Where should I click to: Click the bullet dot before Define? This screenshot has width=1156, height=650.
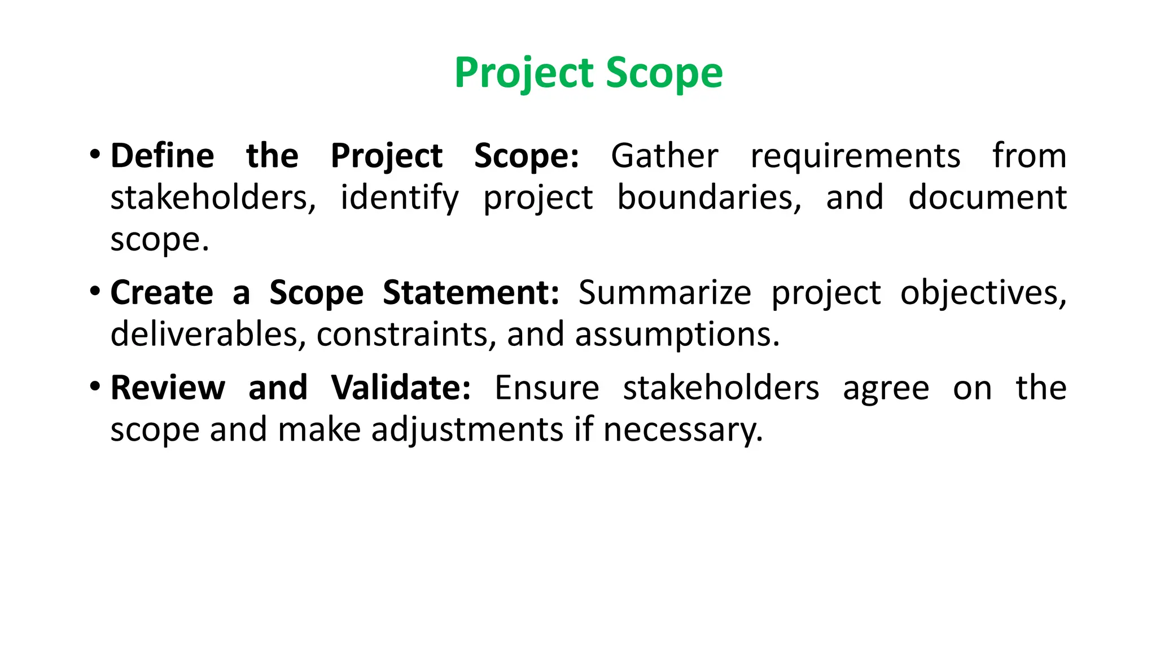pos(95,154)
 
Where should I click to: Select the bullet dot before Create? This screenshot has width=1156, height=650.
pos(95,291)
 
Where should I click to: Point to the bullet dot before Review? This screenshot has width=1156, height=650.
pos(95,387)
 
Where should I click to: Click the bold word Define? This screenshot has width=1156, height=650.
pos(162,156)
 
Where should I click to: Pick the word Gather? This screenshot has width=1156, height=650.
pos(664,156)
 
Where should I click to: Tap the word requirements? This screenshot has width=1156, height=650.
pos(855,156)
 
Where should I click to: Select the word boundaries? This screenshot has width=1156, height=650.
pos(709,197)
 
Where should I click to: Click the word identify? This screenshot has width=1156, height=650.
pos(400,199)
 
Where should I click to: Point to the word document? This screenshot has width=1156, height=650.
pos(987,197)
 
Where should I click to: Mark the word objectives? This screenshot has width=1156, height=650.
pos(983,293)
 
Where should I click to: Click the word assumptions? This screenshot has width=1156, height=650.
pos(677,335)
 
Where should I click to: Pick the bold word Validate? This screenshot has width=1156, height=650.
pos(401,388)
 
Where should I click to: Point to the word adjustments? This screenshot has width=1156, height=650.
pos(467,431)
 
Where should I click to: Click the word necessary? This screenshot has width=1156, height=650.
pos(683,431)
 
